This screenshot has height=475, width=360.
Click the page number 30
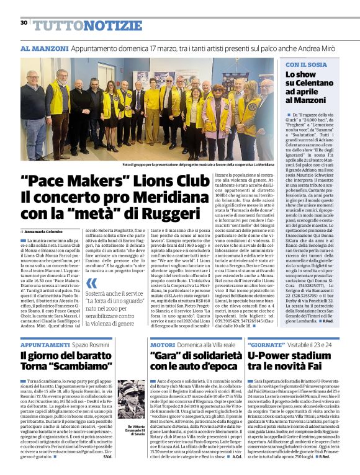tap(24, 22)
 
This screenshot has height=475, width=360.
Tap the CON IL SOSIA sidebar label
tap(305, 64)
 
